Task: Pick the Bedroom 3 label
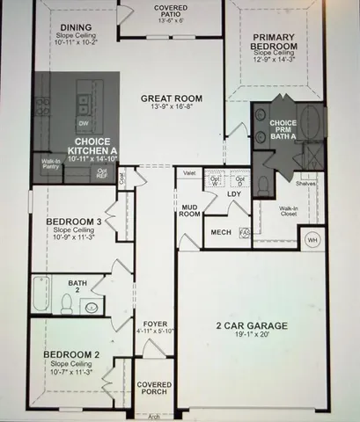click(x=74, y=222)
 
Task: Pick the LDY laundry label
click(x=233, y=193)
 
